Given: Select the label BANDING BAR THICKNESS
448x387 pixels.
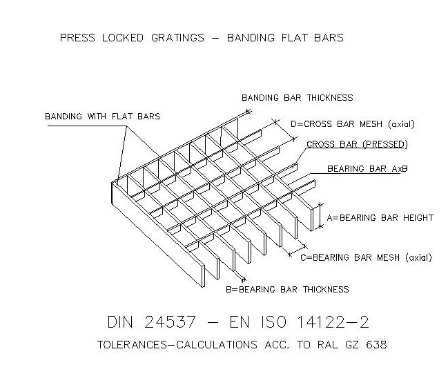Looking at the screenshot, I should tap(297, 98).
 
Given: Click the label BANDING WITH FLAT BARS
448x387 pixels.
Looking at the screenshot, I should tap(102, 116).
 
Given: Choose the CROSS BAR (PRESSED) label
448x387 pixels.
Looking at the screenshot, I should tap(357, 144).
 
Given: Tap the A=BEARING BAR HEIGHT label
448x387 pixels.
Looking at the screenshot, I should tap(380, 217).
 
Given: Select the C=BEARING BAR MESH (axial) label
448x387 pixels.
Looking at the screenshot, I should tap(366, 257).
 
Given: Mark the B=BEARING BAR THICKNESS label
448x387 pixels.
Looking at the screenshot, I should tap(287, 289).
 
